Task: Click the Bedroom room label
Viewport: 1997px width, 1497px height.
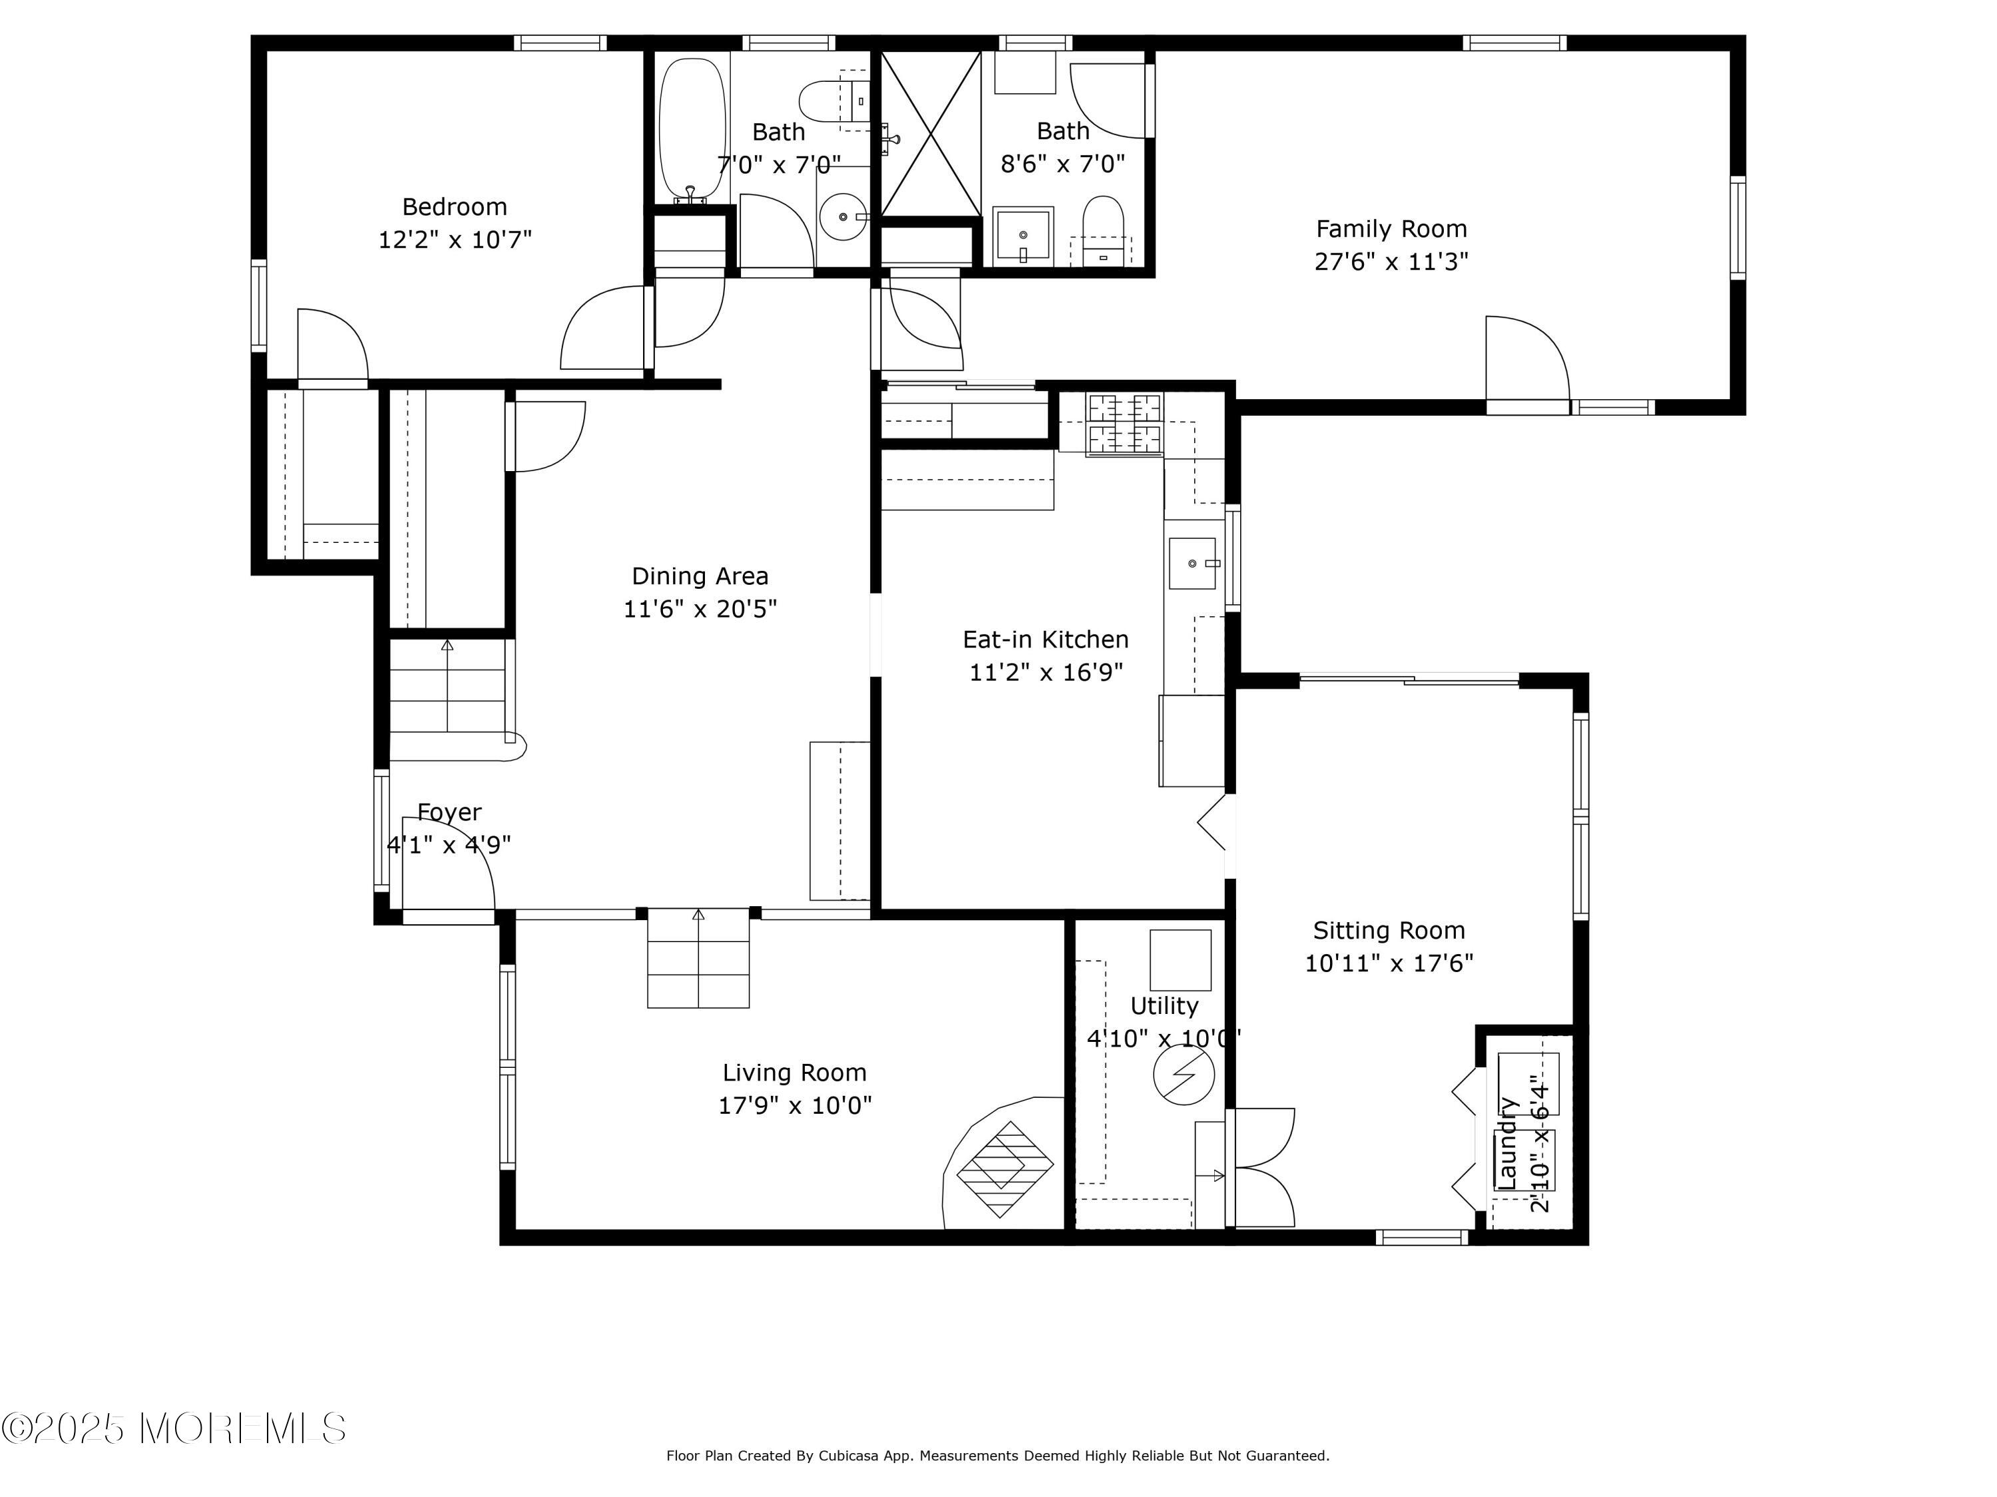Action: [x=454, y=207]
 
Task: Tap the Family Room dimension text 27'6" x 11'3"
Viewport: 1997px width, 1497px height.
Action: [x=1391, y=261]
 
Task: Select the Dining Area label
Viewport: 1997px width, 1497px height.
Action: [x=700, y=576]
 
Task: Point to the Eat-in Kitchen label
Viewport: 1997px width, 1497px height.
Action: [x=1046, y=639]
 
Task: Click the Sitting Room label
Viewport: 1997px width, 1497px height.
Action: [x=1389, y=929]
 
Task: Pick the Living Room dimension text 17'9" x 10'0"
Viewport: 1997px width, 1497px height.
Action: [x=794, y=1104]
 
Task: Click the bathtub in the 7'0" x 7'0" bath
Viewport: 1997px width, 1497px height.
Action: [x=692, y=130]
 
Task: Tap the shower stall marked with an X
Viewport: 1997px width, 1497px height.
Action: [x=930, y=134]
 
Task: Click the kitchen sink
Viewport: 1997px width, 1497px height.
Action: [x=1192, y=563]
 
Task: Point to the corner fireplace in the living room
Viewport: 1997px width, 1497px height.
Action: [x=1003, y=1164]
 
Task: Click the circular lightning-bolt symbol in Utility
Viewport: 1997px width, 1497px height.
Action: [x=1184, y=1074]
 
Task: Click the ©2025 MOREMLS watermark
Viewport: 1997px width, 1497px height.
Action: [x=173, y=1428]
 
